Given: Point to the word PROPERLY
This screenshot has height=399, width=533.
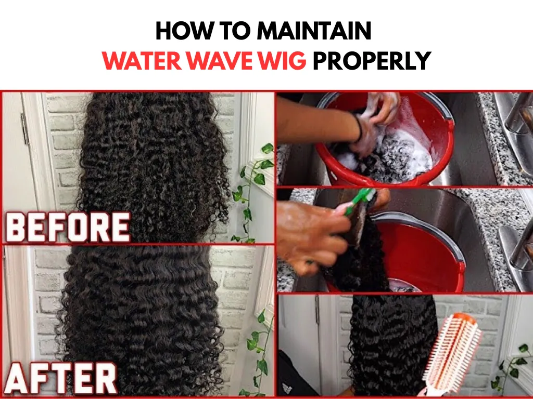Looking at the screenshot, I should tap(372, 61).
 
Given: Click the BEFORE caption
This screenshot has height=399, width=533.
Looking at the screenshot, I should tap(68, 227).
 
